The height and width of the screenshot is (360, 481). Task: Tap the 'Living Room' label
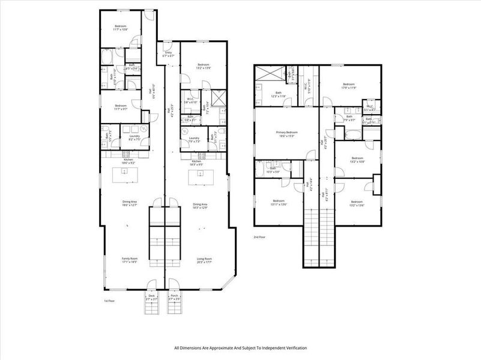tap(205, 259)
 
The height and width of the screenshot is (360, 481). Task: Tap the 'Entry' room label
tap(169, 53)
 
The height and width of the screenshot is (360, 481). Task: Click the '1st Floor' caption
tap(109, 301)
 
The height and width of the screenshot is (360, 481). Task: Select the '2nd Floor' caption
tap(260, 237)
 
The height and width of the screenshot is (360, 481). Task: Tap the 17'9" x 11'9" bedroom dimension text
tap(349, 88)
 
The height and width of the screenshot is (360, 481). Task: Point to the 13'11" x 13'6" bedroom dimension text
tap(279, 204)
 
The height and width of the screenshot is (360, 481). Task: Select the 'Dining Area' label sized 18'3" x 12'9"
tap(200, 205)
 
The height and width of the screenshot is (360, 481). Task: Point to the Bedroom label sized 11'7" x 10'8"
tap(121, 26)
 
